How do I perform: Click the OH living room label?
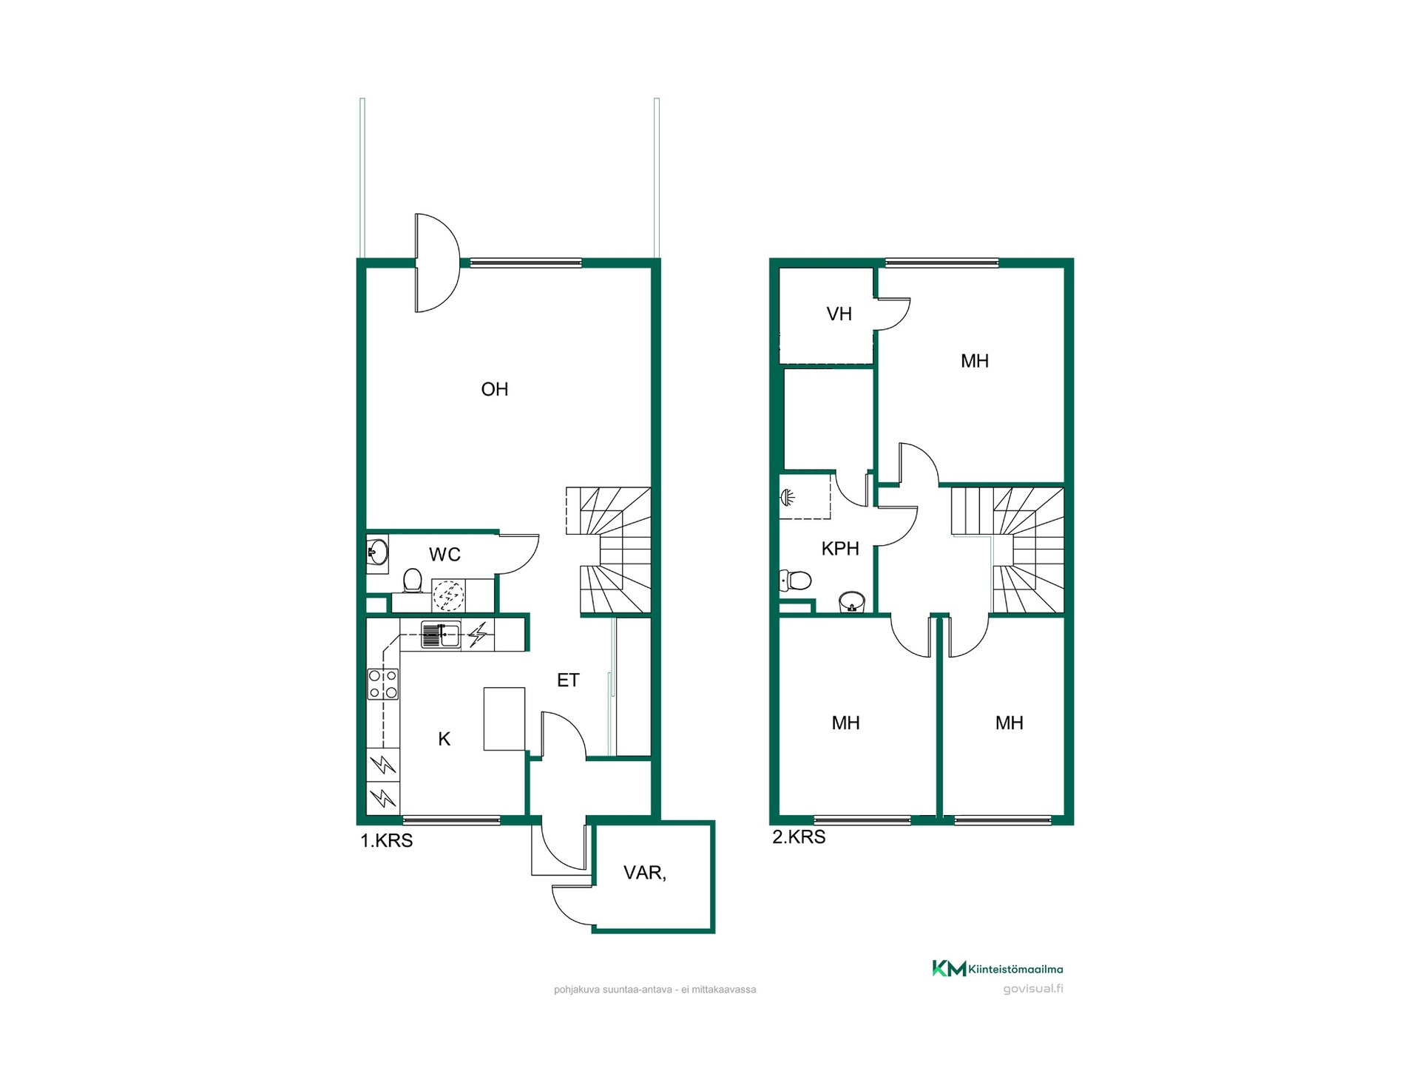coord(494,389)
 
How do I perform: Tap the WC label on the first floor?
coord(444,554)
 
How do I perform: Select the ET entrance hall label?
coord(568,680)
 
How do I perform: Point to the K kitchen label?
coord(444,738)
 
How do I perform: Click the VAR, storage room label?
coord(645,873)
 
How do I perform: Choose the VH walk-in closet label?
coord(839,314)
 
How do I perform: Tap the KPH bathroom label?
coord(840,548)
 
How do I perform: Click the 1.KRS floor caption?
coord(386,840)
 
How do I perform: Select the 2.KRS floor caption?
coord(799,836)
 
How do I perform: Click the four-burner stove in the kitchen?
coord(383,683)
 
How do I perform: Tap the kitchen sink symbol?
coord(441,635)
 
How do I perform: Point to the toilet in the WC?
coord(412,581)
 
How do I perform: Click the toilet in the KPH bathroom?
coord(795,581)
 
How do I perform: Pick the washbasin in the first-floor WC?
coord(377,552)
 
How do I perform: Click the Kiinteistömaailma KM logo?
coord(949,968)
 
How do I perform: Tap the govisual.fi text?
coord(1032,989)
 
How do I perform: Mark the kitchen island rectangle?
coord(504,719)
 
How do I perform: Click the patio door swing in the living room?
coord(437,263)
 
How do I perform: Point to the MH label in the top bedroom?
coord(975,361)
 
